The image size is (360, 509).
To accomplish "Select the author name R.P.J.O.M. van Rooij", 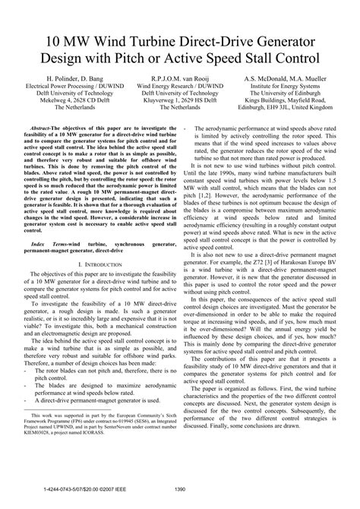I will pos(180,78).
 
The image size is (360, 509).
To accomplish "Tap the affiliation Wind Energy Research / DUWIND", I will pos(180,86).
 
